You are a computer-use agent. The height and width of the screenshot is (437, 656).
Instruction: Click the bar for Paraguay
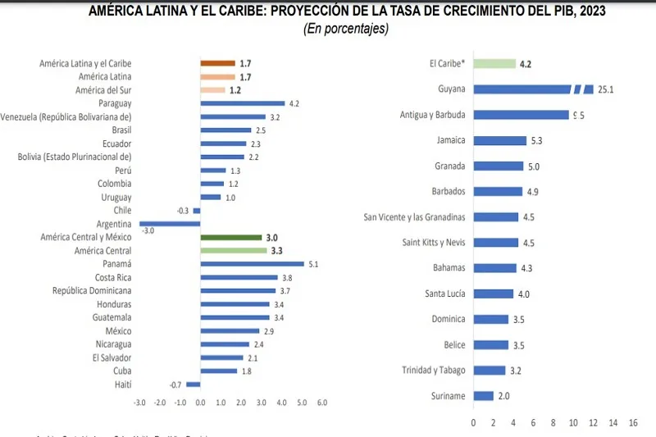[243, 103]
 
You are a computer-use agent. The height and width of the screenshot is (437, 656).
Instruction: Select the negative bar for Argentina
[171, 223]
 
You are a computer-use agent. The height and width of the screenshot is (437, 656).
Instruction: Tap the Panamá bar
[252, 264]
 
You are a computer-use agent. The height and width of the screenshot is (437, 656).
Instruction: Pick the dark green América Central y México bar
[231, 237]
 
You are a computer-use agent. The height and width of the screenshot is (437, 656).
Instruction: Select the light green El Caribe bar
[494, 63]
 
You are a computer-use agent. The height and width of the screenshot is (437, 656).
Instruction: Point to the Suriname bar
[483, 396]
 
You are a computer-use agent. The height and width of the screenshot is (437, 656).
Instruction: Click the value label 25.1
[608, 89]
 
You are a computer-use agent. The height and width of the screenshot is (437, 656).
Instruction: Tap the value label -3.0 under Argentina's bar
[148, 231]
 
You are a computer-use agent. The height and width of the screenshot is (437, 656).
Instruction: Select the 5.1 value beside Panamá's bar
[313, 264]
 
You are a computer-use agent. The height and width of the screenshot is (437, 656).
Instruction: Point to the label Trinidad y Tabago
[433, 371]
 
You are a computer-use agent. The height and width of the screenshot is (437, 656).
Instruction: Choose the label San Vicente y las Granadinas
[414, 217]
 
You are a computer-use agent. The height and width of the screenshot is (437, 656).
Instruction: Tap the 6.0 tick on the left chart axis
[322, 403]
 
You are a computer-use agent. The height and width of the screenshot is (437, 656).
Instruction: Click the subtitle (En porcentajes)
[345, 29]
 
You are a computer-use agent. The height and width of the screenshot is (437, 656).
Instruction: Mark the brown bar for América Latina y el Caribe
[218, 63]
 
